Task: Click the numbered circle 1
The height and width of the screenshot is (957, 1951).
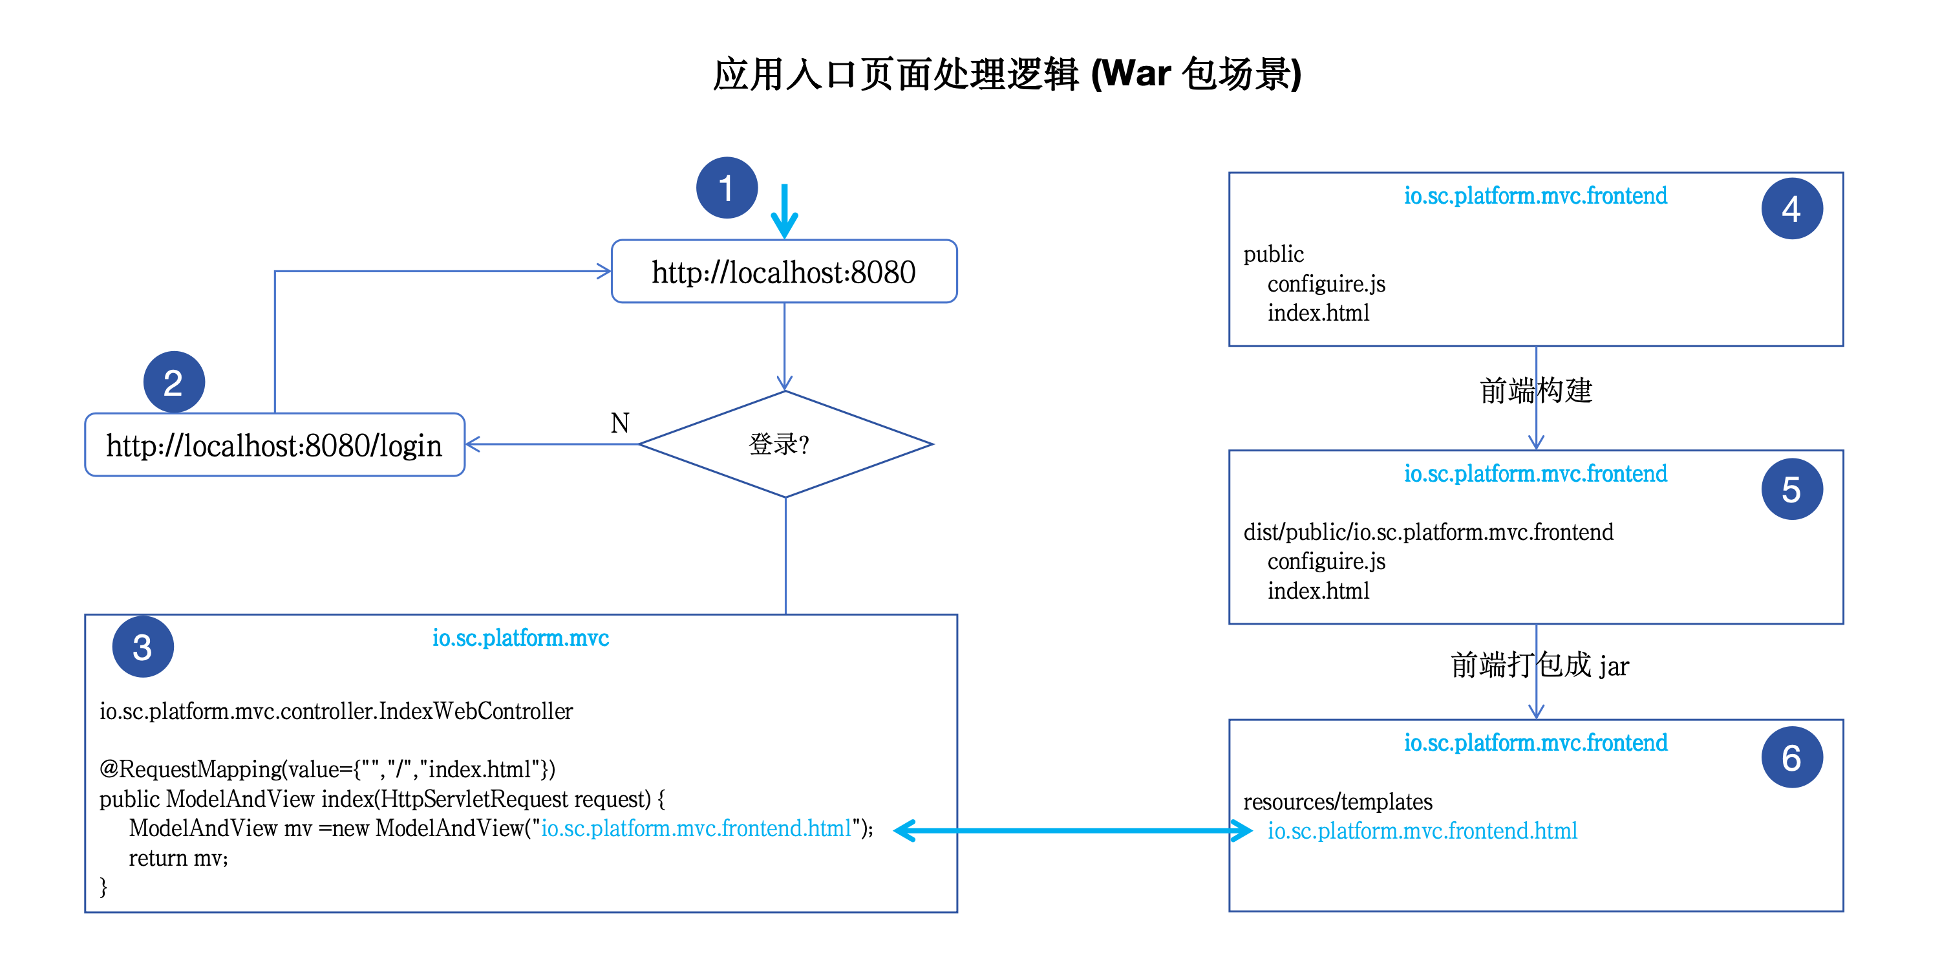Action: pyautogui.click(x=727, y=188)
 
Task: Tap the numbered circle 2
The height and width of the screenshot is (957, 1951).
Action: pyautogui.click(x=173, y=382)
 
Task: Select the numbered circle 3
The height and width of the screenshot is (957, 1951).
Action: pyautogui.click(x=142, y=647)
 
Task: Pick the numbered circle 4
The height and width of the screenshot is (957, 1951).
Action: pyautogui.click(x=1791, y=208)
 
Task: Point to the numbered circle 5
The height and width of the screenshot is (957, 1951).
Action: pyautogui.click(x=1791, y=489)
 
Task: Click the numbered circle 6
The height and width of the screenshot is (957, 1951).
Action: pyautogui.click(x=1791, y=757)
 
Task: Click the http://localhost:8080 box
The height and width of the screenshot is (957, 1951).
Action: pyautogui.click(x=784, y=272)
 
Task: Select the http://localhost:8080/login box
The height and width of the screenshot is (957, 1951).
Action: pyautogui.click(x=274, y=445)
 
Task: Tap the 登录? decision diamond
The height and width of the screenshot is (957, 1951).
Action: pyautogui.click(x=785, y=444)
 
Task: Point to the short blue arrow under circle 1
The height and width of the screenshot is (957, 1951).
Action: pyautogui.click(x=785, y=211)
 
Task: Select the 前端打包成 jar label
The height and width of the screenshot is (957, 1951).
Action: pyautogui.click(x=1539, y=665)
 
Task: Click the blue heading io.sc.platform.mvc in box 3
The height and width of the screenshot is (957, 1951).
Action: pyautogui.click(x=520, y=638)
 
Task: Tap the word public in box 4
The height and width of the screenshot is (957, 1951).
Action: pyautogui.click(x=1273, y=254)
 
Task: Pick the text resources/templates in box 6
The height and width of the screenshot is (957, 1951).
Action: pyautogui.click(x=1338, y=802)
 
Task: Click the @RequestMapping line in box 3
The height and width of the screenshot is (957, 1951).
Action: pyautogui.click(x=327, y=769)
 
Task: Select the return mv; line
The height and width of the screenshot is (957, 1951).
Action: pyautogui.click(x=178, y=857)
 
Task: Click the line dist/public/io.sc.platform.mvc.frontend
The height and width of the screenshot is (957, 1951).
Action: pyautogui.click(x=1427, y=532)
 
